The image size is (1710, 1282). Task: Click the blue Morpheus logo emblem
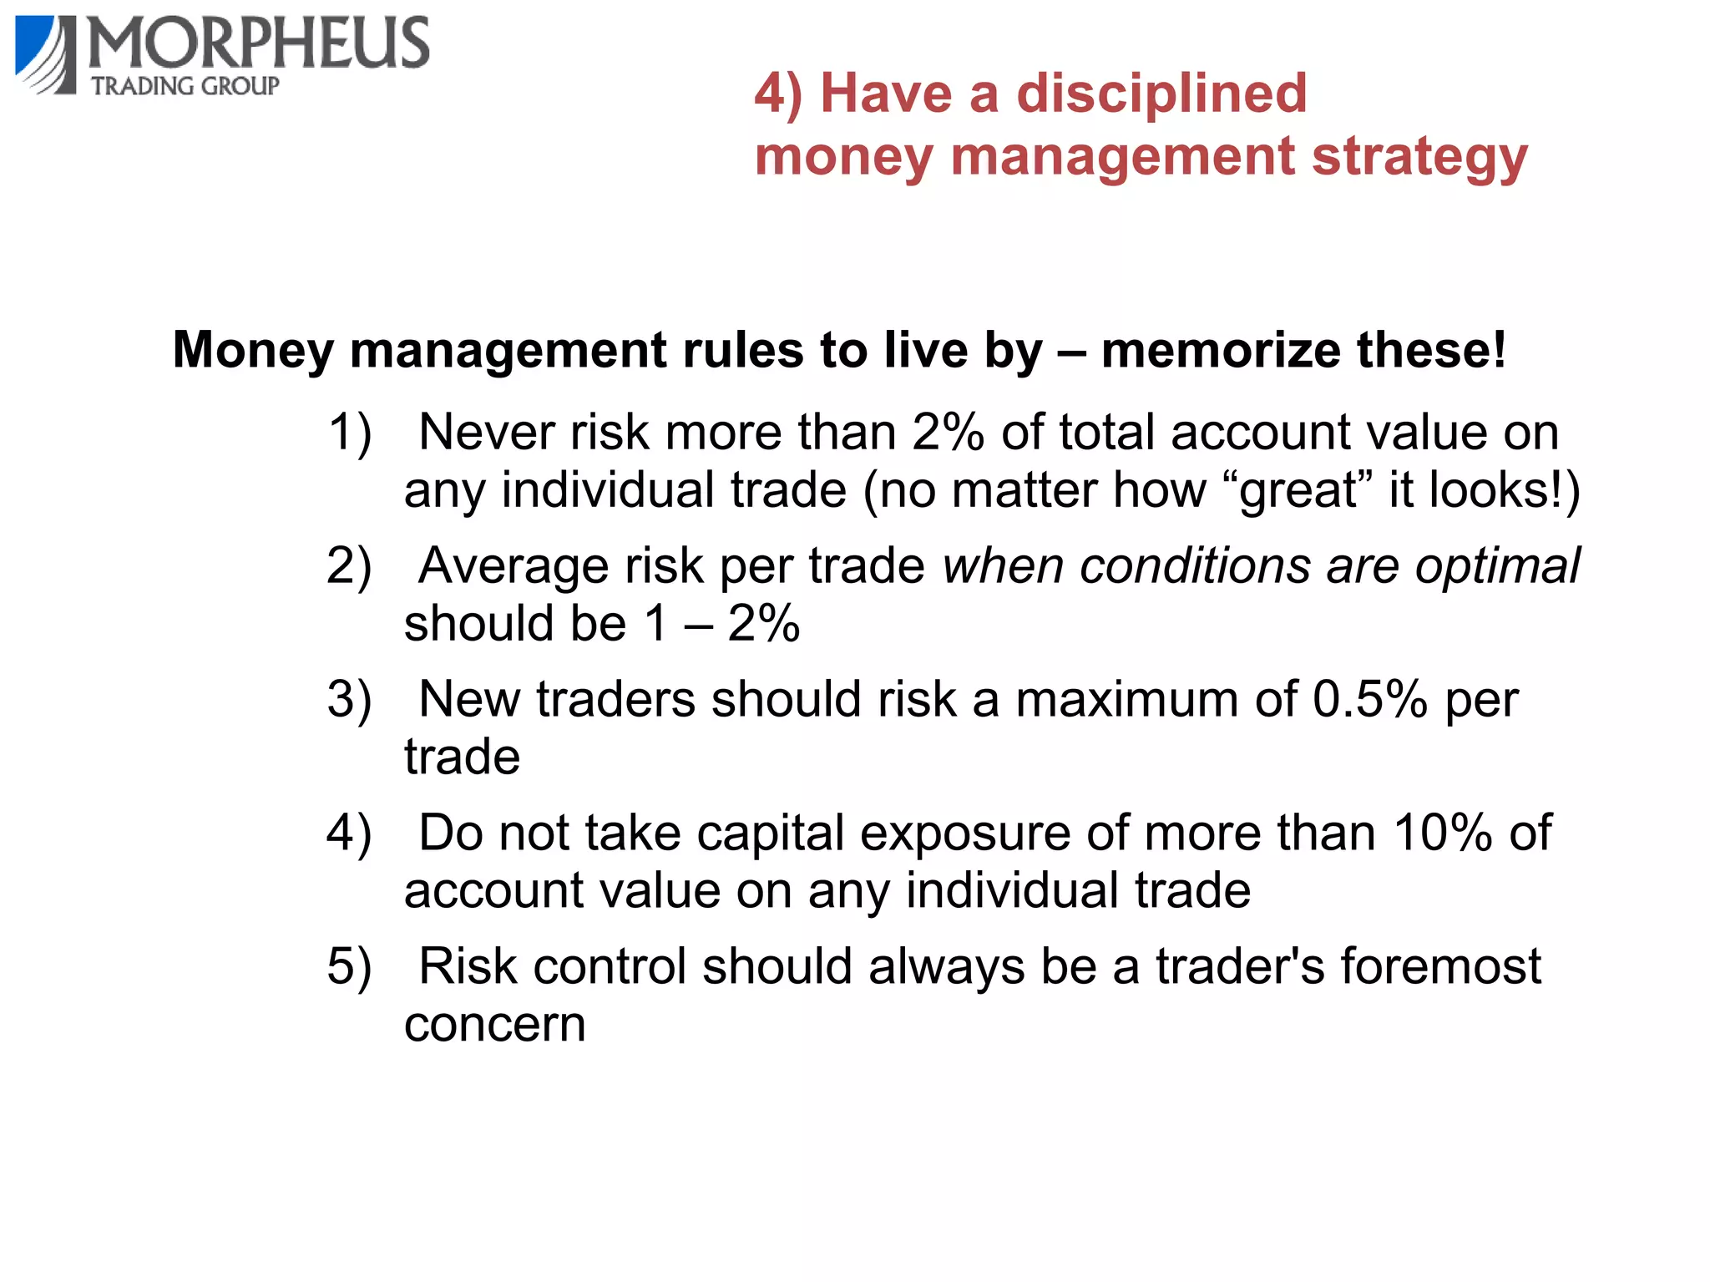45,53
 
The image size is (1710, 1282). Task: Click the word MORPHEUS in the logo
259,43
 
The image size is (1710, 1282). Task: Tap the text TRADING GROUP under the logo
185,86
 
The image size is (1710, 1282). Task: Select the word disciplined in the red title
1161,93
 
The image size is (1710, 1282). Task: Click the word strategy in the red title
1419,157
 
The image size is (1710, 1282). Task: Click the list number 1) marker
349,433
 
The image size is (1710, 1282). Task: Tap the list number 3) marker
349,699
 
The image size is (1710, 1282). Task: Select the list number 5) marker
349,966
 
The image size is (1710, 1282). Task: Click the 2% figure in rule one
948,433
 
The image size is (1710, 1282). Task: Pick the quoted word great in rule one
1299,490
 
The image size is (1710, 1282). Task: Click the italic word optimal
1497,565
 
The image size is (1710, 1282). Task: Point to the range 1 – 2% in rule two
721,623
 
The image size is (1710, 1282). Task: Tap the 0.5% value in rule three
1369,699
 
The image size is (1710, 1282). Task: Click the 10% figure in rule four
1442,833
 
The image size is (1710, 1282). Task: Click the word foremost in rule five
1440,966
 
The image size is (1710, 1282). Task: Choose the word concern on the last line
494,1025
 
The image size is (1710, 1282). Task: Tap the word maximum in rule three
1126,699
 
